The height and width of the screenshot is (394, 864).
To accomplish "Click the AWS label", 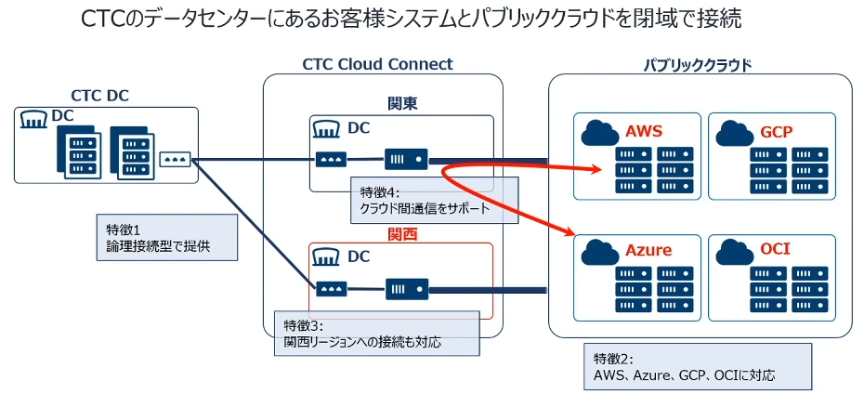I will pyautogui.click(x=644, y=131).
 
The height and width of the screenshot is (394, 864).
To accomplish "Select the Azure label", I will pyautogui.click(x=648, y=251).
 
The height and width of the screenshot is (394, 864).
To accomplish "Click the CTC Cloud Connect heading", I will pyautogui.click(x=377, y=64).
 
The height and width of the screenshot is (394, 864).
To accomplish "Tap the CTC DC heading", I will pyautogui.click(x=99, y=96).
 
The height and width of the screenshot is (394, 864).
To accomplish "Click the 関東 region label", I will pyautogui.click(x=402, y=102).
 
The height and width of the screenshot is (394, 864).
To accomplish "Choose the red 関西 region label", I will pyautogui.click(x=402, y=234).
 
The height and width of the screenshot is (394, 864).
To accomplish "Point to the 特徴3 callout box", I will pyautogui.click(x=376, y=334).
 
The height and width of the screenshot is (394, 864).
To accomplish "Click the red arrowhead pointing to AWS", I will pyautogui.click(x=591, y=169).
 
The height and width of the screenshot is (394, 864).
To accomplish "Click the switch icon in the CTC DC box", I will pyautogui.click(x=176, y=159).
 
